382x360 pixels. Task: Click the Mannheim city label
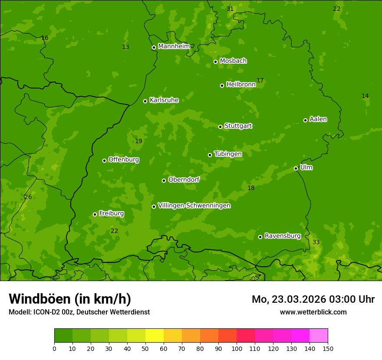point(174,46)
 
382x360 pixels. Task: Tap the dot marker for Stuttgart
point(220,127)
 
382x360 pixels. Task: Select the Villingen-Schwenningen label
point(194,206)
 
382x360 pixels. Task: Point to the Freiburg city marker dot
point(95,214)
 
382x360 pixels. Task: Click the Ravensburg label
point(283,236)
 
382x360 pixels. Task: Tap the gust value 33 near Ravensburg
point(316,242)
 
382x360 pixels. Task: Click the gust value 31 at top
point(230,9)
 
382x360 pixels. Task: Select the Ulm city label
point(306,167)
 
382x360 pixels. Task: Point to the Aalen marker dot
point(305,120)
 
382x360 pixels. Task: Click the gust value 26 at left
point(28,197)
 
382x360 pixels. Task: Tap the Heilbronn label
point(241,85)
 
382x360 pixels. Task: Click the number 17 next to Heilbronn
point(260,80)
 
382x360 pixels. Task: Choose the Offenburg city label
point(124,160)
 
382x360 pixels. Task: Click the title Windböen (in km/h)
point(70,299)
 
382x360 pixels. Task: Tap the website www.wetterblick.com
point(313,312)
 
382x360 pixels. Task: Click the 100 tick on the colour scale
point(237,348)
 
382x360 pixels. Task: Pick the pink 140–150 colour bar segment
point(319,335)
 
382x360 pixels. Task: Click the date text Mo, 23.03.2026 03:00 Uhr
point(313,299)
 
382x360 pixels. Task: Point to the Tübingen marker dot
point(210,155)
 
